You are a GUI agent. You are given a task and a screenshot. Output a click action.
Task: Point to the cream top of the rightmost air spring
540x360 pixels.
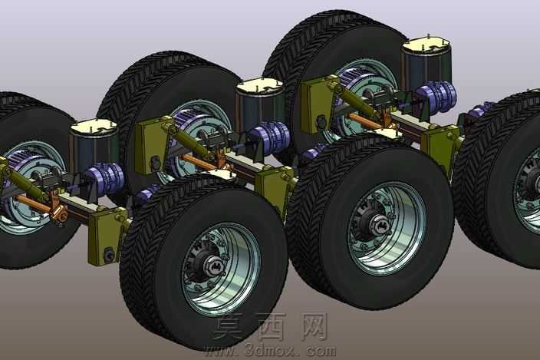pos(426,44)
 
